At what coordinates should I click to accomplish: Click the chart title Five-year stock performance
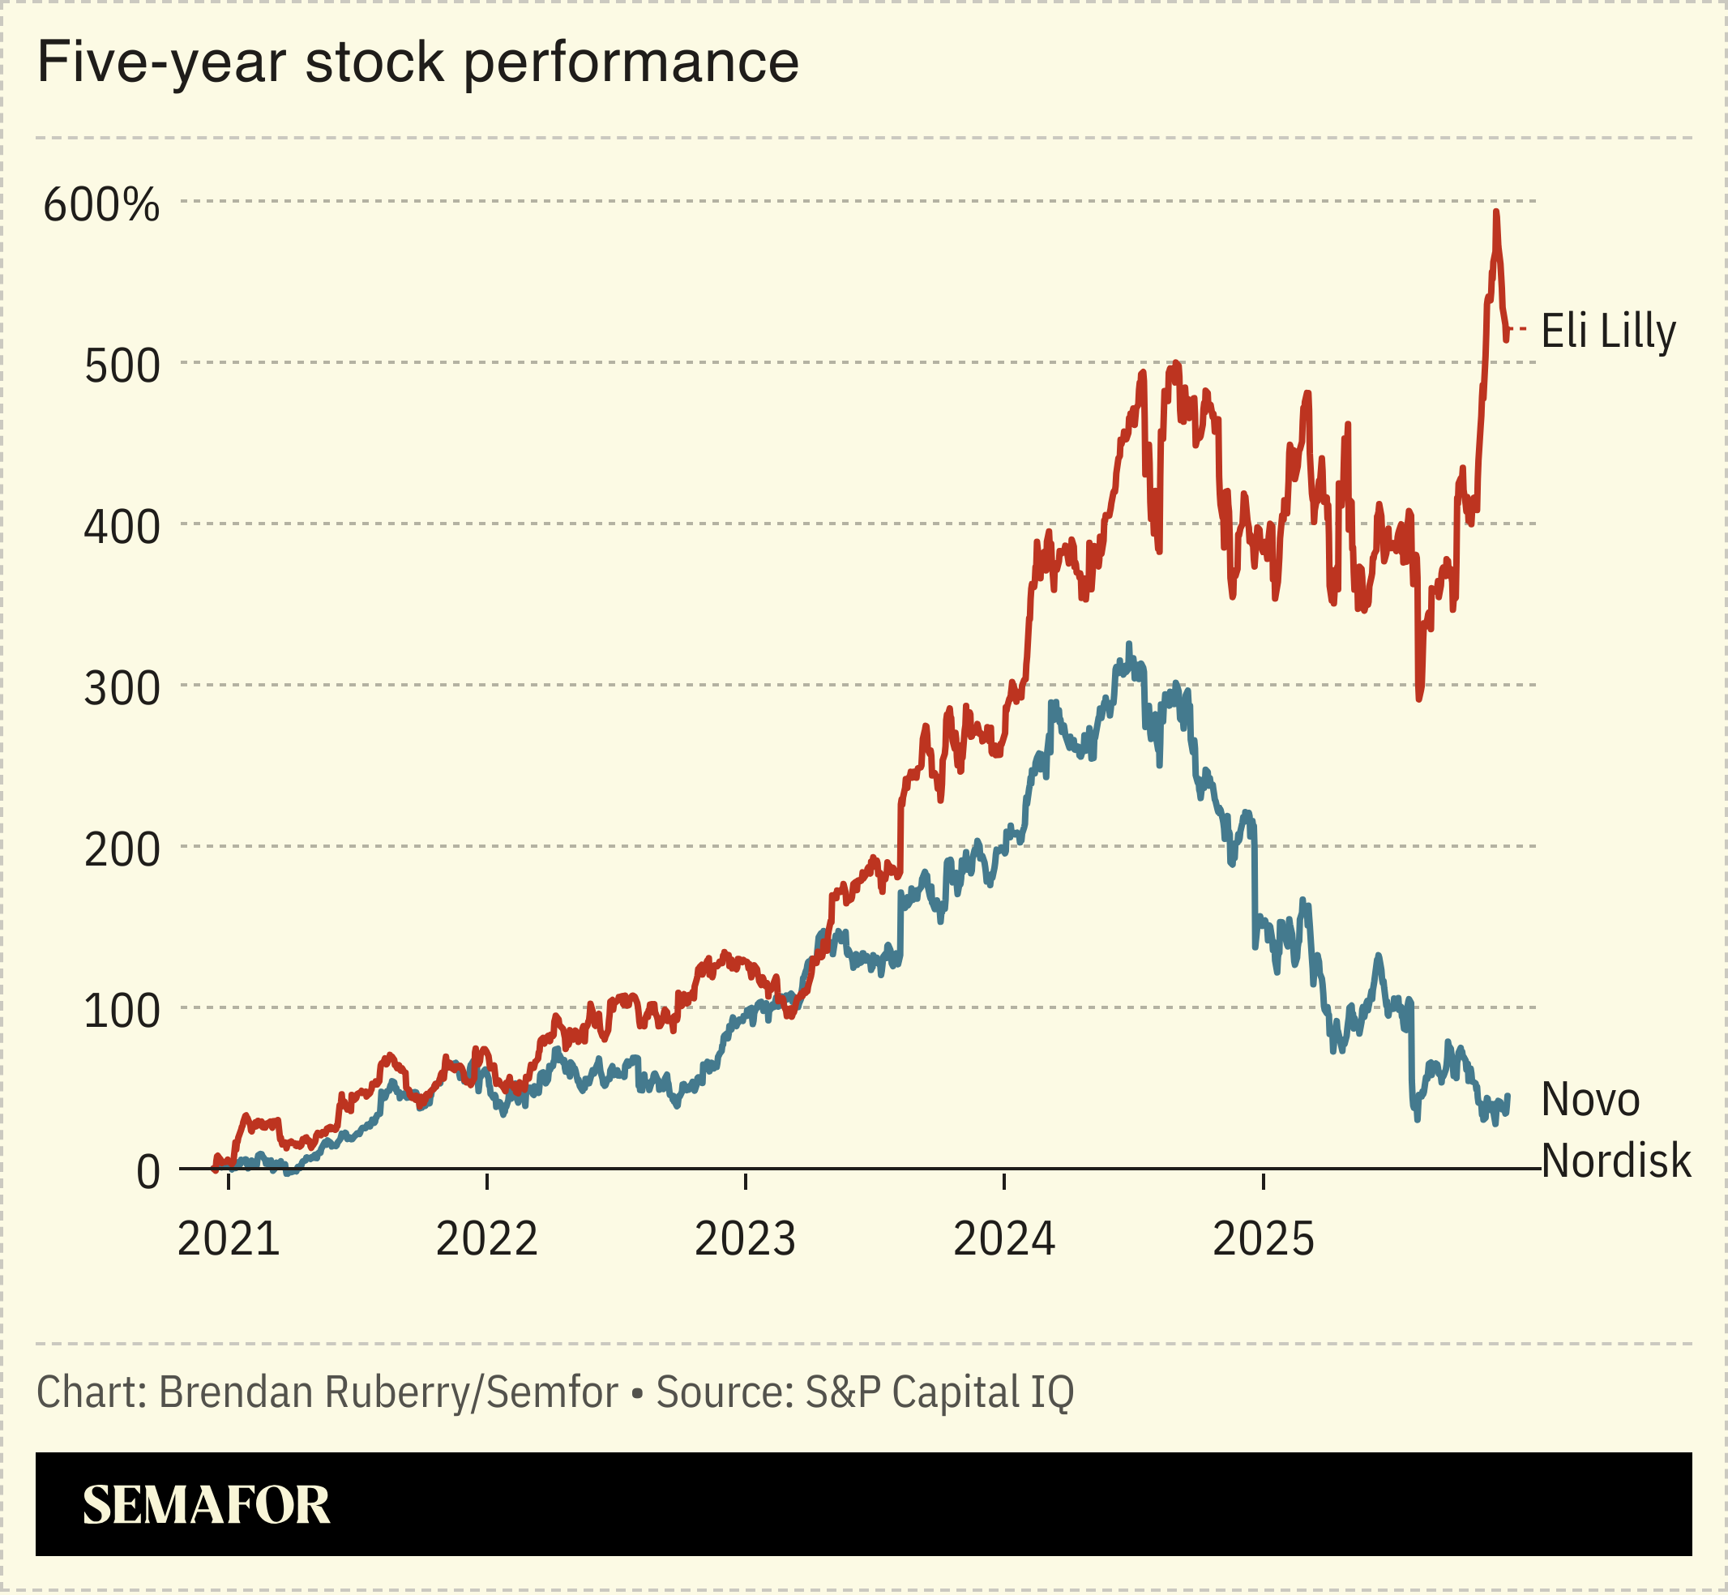pos(417,62)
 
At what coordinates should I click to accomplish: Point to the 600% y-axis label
pos(102,205)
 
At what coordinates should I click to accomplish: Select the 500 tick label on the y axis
pos(122,367)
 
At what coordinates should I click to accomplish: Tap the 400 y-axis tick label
pos(122,528)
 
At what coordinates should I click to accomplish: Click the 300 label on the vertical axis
pos(122,690)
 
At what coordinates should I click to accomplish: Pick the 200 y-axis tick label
pos(122,851)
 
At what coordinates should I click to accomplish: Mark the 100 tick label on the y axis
pos(122,1011)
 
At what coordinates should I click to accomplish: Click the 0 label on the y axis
pos(148,1173)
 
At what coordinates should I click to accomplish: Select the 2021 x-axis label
pos(229,1240)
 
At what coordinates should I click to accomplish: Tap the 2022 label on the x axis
pos(487,1240)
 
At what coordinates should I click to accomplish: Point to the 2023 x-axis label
pos(745,1240)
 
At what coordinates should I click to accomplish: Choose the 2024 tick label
pos(1004,1240)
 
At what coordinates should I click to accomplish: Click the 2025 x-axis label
pos(1263,1240)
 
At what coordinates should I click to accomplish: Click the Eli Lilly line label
pos(1608,331)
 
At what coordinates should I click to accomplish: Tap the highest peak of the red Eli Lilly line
pos(1496,212)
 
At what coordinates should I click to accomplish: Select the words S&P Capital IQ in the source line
pos(939,1392)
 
